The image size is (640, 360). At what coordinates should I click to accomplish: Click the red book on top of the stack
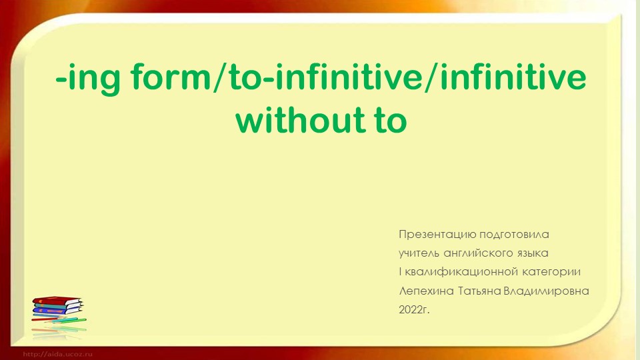57,301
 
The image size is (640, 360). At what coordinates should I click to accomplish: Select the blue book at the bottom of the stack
59,313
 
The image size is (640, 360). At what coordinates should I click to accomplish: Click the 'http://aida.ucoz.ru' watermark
58,353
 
